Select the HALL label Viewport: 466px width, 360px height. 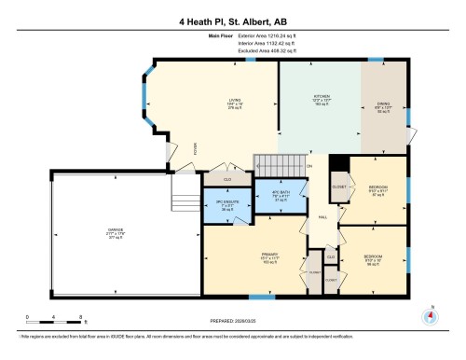322,215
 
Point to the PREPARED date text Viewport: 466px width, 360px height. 233,322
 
